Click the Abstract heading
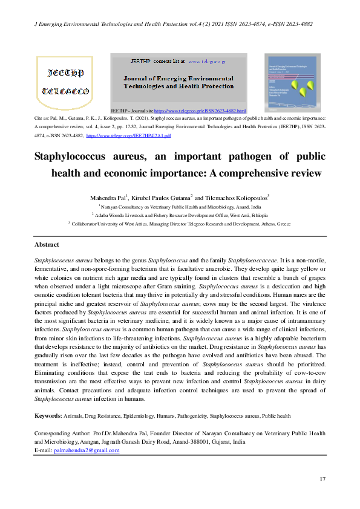(x=47, y=244)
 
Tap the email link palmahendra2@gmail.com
(x=87, y=450)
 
